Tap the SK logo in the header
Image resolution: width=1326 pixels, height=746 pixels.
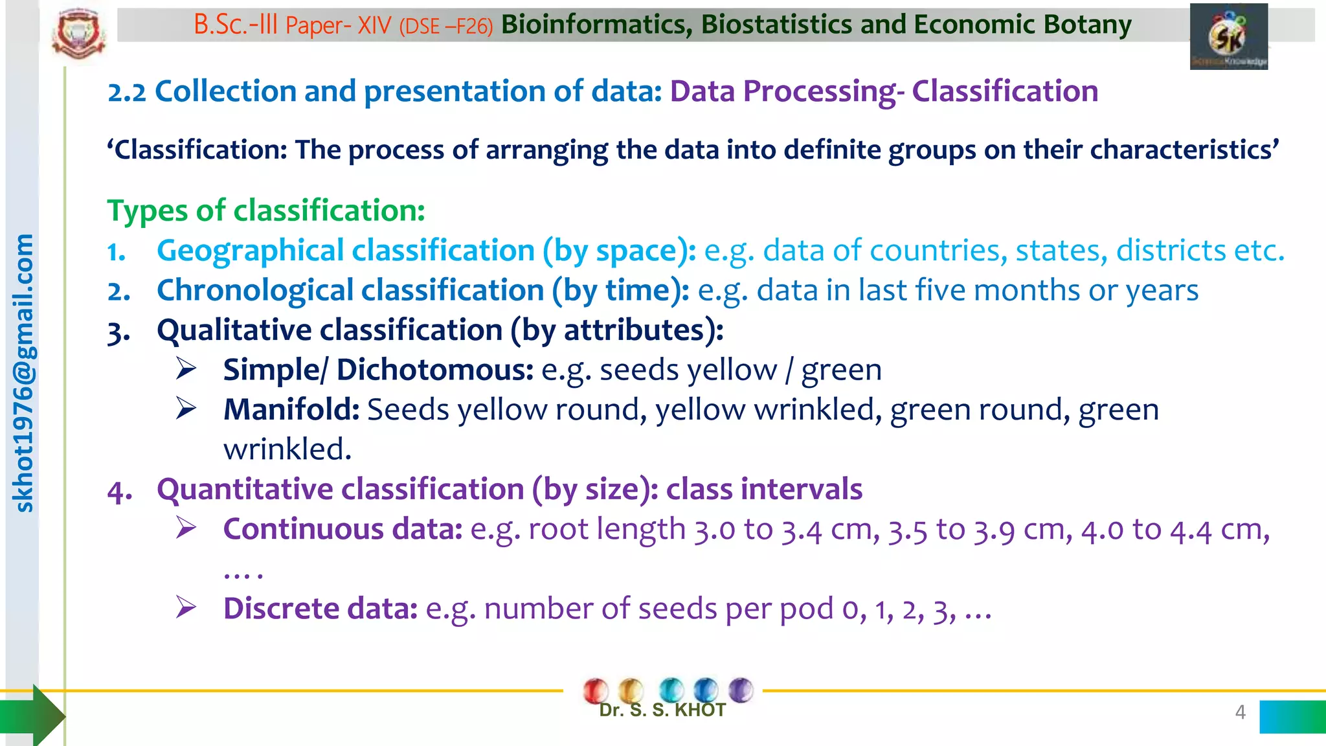coord(1228,37)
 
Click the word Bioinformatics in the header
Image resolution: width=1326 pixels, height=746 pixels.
coord(592,25)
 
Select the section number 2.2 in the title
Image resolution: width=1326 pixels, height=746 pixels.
coord(127,92)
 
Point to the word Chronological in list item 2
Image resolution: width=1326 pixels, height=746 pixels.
coord(254,291)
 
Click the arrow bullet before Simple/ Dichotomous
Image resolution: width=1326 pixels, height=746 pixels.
coord(186,369)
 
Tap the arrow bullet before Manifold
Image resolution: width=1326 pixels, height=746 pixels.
coord(186,409)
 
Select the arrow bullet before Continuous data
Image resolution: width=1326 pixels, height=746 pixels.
coord(186,528)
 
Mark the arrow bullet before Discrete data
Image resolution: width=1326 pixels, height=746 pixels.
coord(186,607)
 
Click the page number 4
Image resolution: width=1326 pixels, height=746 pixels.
coord(1240,712)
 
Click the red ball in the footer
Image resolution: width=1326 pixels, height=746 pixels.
coord(595,690)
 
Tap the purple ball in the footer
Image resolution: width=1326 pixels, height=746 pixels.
coord(741,689)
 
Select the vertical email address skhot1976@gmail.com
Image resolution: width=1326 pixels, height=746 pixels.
coord(23,373)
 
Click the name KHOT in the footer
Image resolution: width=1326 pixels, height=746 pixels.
coord(700,710)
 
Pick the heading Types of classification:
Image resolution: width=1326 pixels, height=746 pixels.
coord(265,210)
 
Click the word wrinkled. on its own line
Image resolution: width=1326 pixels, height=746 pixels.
coord(287,449)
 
